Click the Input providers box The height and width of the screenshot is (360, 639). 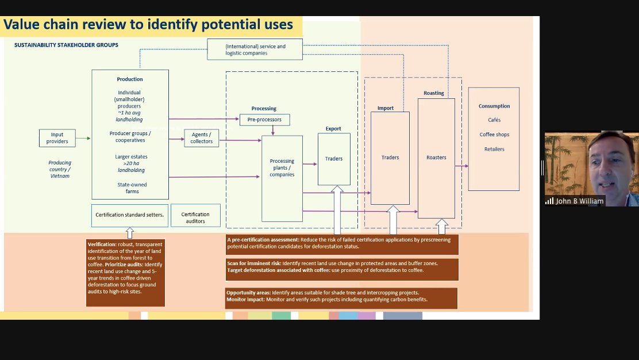pyautogui.click(x=57, y=138)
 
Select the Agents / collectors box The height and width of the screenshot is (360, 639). pyautogui.click(x=201, y=138)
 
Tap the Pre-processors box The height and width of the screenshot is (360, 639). pyautogui.click(x=264, y=120)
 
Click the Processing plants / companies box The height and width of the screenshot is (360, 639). pyautogui.click(x=282, y=179)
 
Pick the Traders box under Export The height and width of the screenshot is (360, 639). pyautogui.click(x=334, y=159)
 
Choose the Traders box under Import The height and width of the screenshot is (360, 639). pyautogui.click(x=390, y=158)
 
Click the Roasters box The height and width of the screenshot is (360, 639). pyautogui.click(x=436, y=158)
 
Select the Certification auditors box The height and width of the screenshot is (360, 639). pyautogui.click(x=195, y=215)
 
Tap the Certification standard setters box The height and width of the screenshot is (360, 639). pyautogui.click(x=130, y=215)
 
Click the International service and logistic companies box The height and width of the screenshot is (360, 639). pyautogui.click(x=255, y=49)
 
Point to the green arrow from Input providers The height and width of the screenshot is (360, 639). pyautogui.click(x=83, y=138)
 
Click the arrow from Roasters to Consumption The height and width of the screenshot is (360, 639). pyautogui.click(x=462, y=166)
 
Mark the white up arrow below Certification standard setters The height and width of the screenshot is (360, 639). pyautogui.click(x=130, y=233)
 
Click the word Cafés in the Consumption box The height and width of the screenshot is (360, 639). pyautogui.click(x=494, y=120)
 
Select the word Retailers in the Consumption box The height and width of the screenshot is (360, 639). pyautogui.click(x=494, y=149)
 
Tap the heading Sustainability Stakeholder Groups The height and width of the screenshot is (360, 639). pyautogui.click(x=67, y=45)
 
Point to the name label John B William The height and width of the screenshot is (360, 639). pyautogui.click(x=579, y=201)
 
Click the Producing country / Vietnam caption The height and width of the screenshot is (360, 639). pyautogui.click(x=60, y=169)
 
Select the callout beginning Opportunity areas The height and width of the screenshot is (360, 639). pyautogui.click(x=341, y=298)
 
